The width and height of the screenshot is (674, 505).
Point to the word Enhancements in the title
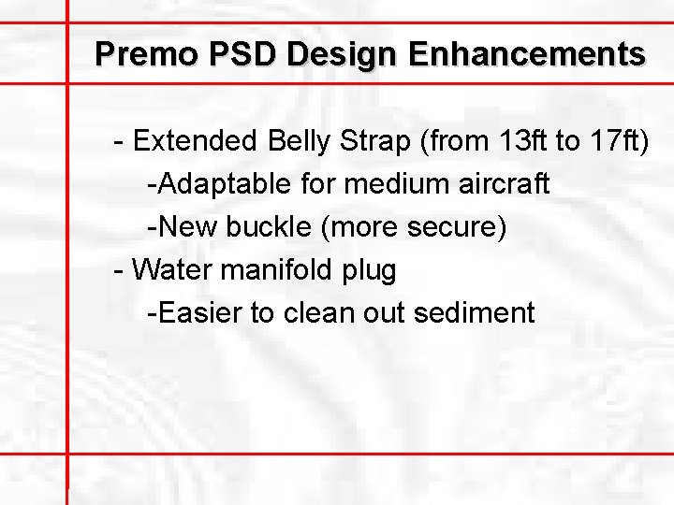526,53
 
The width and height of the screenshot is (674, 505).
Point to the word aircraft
504,184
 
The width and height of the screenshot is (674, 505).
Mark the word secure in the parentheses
460,227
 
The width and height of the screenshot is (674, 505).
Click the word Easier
198,312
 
